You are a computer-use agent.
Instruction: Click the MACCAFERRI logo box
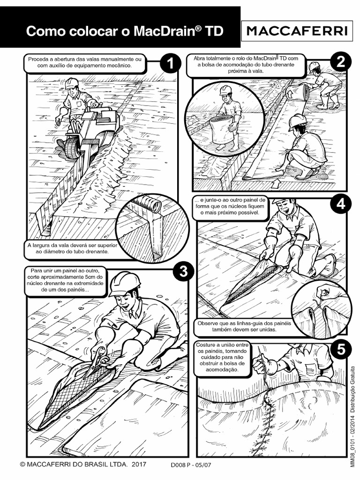[x=297, y=31]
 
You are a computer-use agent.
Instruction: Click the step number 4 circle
[x=340, y=204]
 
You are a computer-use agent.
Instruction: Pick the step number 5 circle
[x=341, y=349]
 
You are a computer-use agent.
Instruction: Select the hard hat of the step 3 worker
[x=124, y=283]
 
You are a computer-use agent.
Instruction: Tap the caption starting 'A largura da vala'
[x=72, y=248]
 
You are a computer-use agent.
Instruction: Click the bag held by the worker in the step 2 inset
[x=223, y=131]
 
